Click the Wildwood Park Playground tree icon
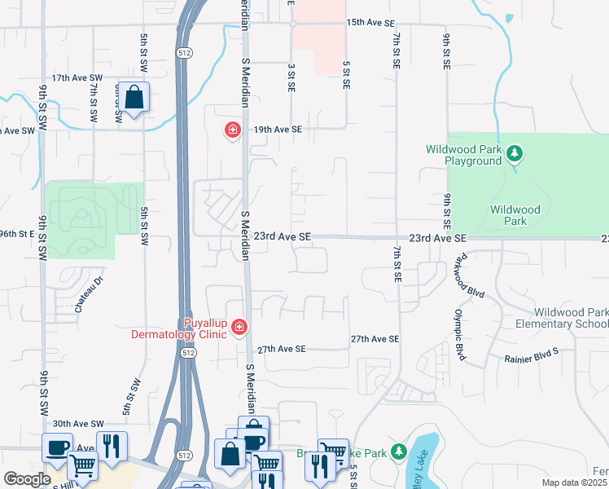tap(514, 153)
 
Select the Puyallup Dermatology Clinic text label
tap(180, 328)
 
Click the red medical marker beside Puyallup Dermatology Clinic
tap(239, 328)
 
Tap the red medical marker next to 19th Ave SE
tap(233, 130)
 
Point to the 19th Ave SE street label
tap(277, 130)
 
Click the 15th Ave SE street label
tap(371, 23)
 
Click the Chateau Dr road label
tap(90, 294)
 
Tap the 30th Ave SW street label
tap(79, 424)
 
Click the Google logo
tap(27, 479)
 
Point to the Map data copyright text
tap(575, 482)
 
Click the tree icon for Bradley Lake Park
tap(398, 451)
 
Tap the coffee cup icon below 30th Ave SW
tap(57, 447)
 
